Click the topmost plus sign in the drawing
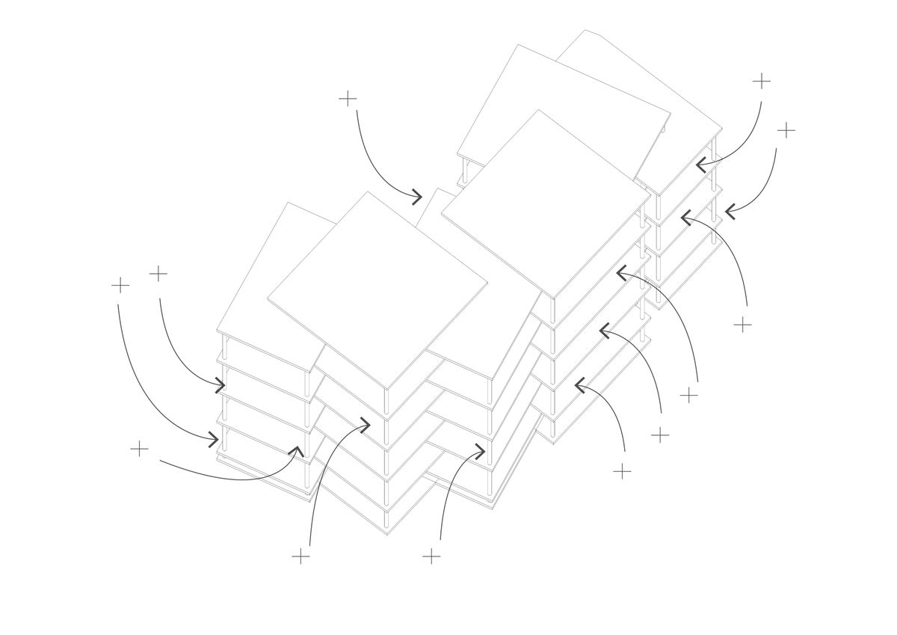point(761,81)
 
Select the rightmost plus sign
point(786,130)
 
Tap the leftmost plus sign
point(120,285)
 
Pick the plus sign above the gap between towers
point(348,99)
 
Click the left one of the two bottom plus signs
point(300,556)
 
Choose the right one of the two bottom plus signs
point(431,556)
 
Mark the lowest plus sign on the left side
point(139,449)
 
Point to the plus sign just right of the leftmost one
point(158,274)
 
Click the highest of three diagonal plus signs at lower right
point(688,395)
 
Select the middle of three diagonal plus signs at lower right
point(660,435)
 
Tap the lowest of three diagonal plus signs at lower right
point(622,471)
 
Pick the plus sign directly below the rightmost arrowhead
point(742,325)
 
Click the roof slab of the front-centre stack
point(377,288)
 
